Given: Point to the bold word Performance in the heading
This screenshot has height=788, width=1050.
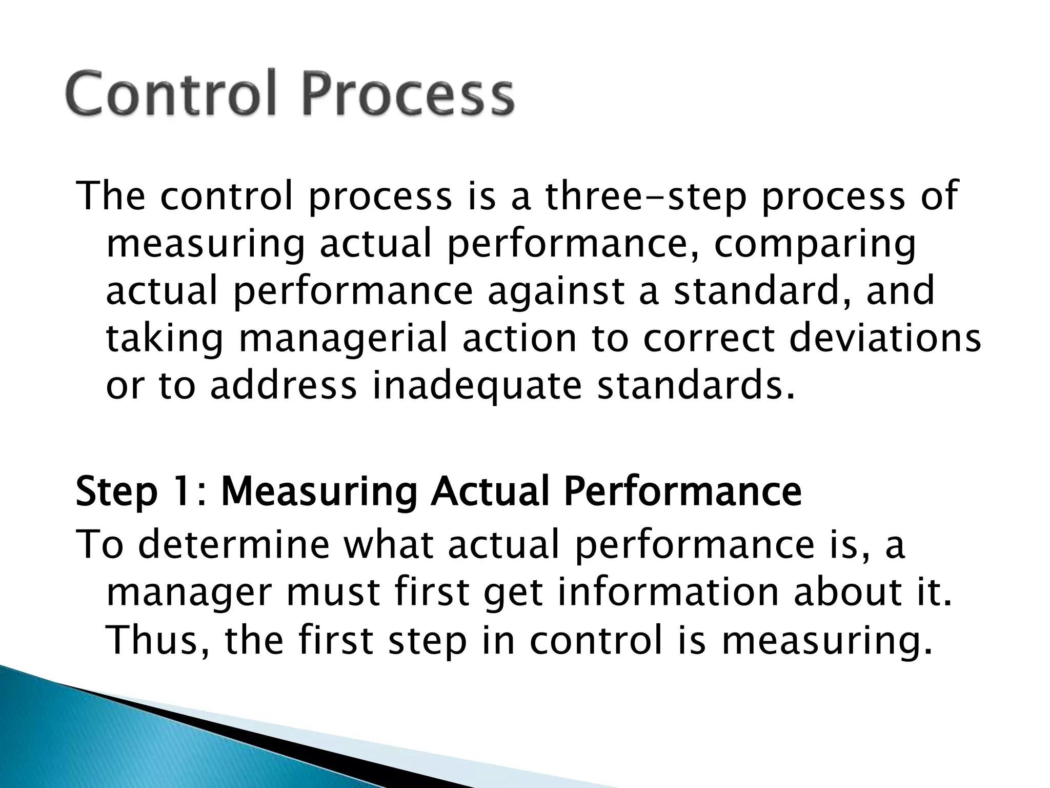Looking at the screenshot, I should click(682, 491).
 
